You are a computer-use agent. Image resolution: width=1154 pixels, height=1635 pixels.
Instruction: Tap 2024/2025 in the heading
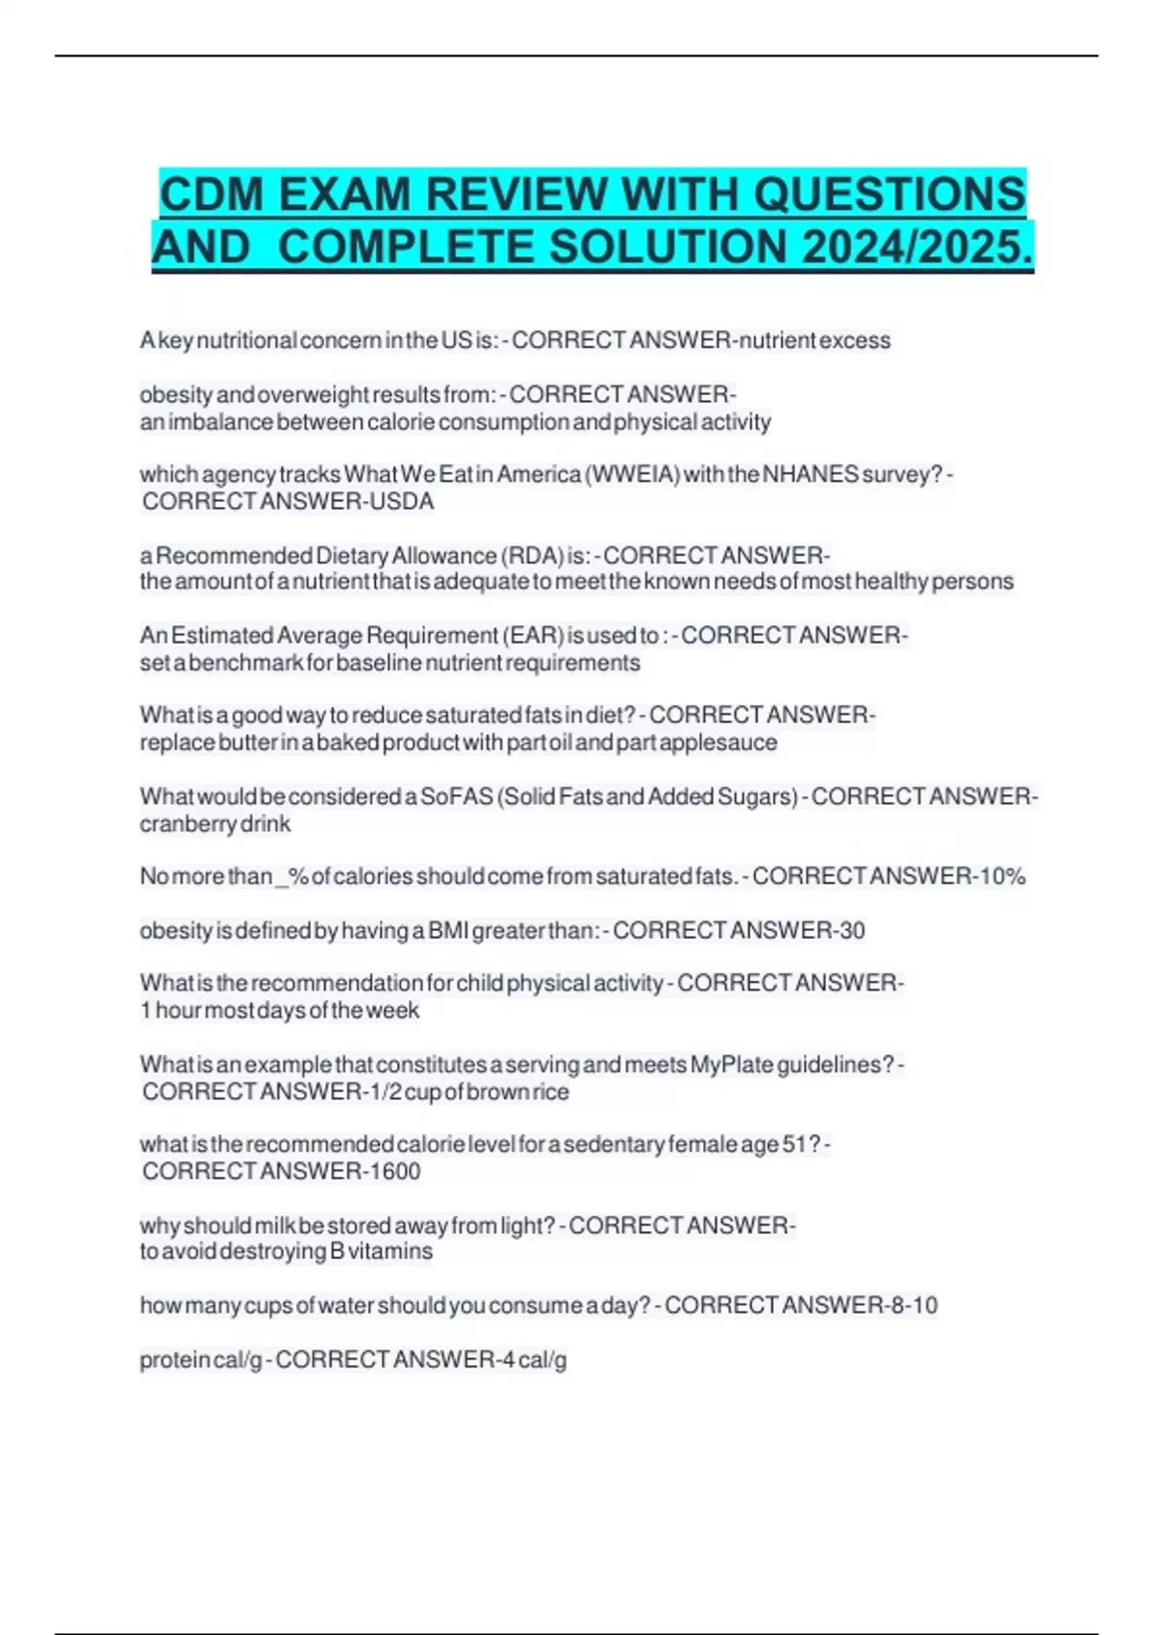[916, 247]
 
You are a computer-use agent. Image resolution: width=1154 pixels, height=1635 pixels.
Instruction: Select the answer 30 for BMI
[851, 930]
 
